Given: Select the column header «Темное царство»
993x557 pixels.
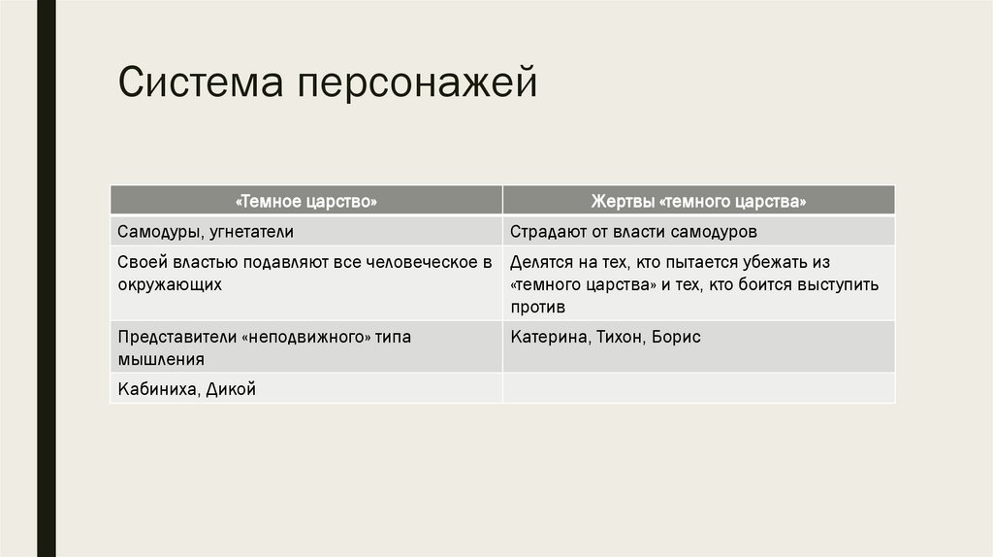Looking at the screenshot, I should (x=306, y=202).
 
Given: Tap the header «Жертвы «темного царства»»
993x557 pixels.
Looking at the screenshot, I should (x=698, y=202).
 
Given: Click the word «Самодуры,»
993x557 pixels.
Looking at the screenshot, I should (x=160, y=233).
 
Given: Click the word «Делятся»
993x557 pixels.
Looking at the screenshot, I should (x=541, y=263).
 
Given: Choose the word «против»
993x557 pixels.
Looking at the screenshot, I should (x=538, y=308).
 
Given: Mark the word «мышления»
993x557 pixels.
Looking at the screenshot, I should (x=161, y=359).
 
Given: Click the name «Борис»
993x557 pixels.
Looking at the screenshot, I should (x=676, y=338).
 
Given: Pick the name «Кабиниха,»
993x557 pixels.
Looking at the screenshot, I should (x=159, y=389).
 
